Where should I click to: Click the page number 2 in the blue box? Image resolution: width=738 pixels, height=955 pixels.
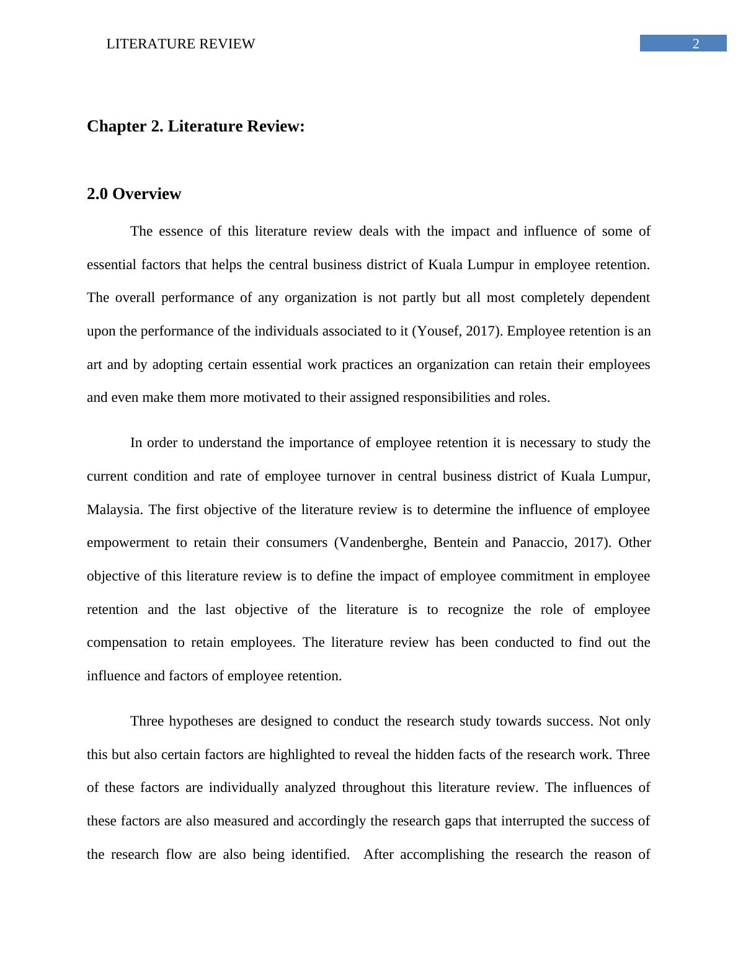pos(696,43)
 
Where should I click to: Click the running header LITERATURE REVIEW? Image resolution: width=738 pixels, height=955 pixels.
pos(180,44)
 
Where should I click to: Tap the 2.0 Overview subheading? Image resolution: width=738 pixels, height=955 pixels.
pos(134,194)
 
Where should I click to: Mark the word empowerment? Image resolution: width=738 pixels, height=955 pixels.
pos(128,543)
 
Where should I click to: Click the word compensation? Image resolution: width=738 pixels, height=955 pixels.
pos(127,642)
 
